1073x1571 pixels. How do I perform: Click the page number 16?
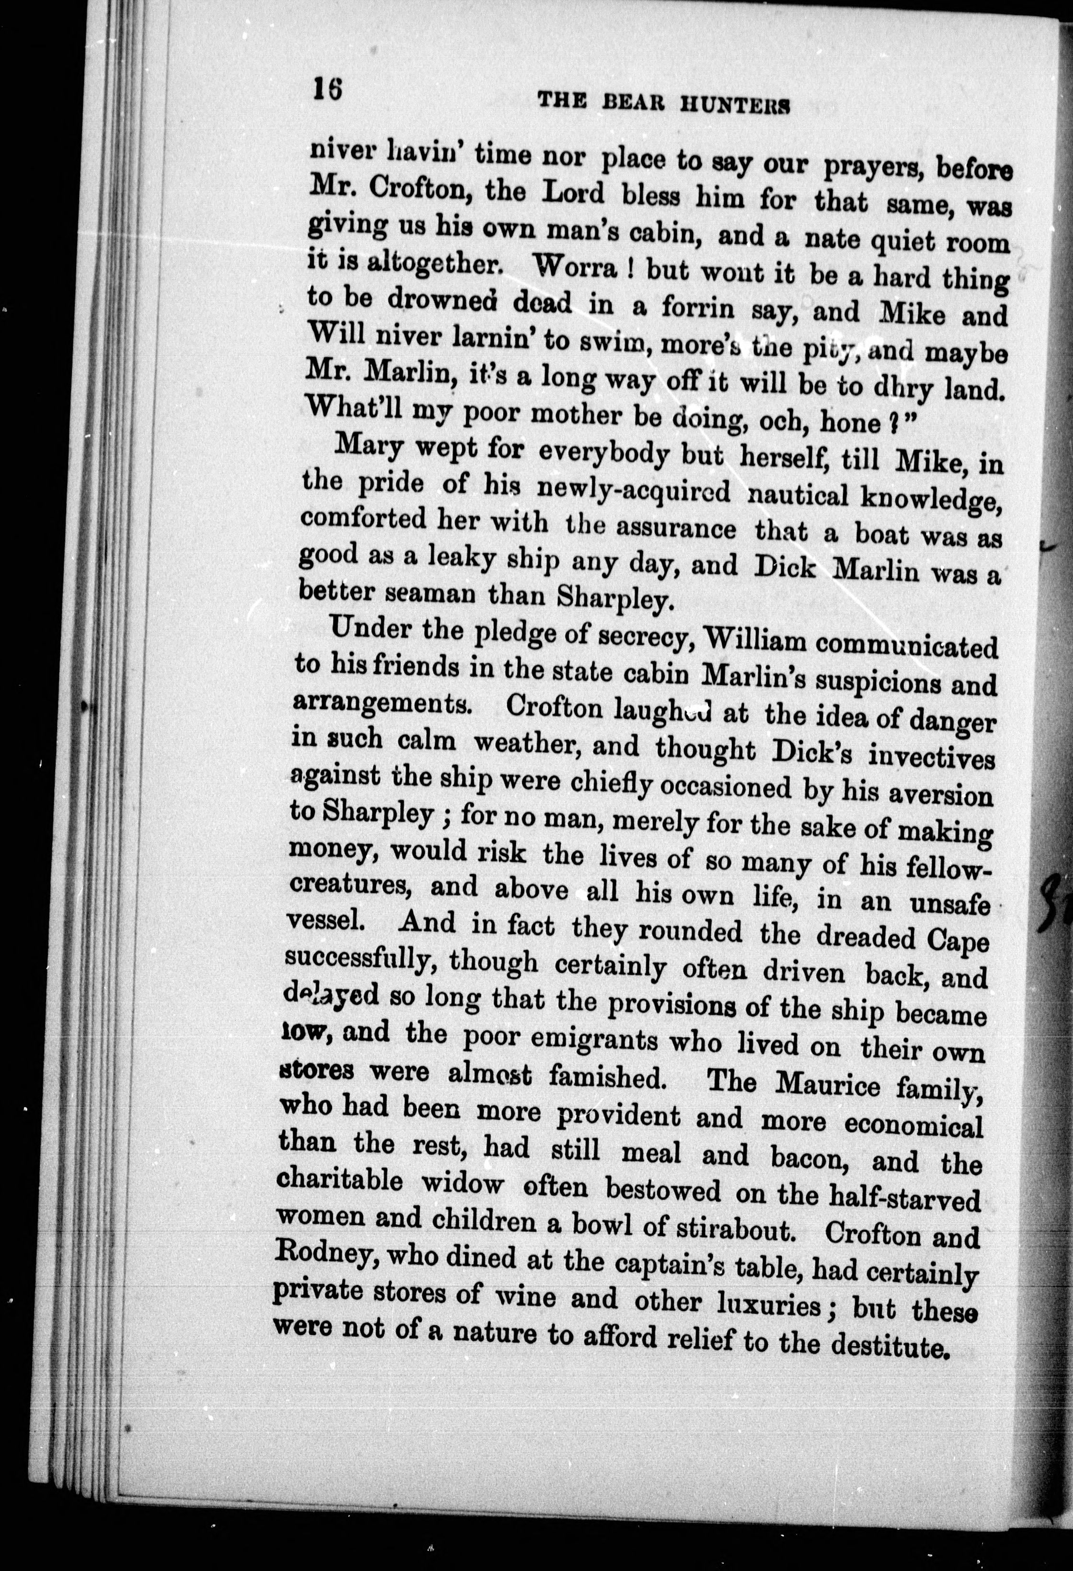click(x=327, y=89)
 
